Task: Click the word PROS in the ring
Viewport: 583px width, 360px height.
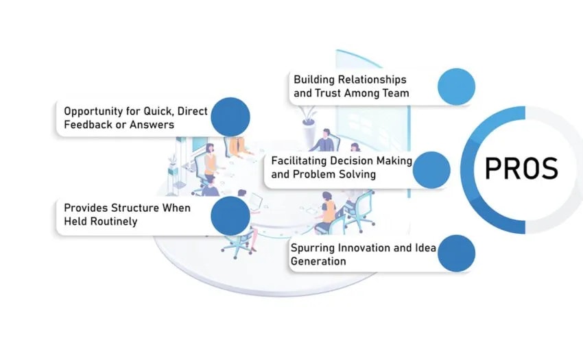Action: pyautogui.click(x=521, y=169)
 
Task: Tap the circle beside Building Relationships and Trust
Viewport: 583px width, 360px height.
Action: pyautogui.click(x=456, y=86)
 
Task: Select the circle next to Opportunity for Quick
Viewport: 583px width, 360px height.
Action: pyautogui.click(x=230, y=117)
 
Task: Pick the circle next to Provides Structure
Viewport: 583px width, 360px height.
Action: pyautogui.click(x=230, y=215)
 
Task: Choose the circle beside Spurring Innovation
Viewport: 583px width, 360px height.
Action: pyautogui.click(x=456, y=253)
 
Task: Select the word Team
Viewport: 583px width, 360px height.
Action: pyautogui.click(x=395, y=93)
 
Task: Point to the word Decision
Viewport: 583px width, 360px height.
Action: pyautogui.click(x=351, y=160)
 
